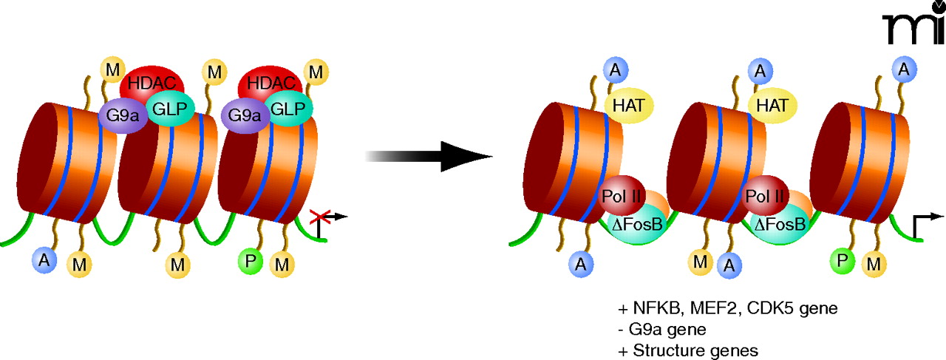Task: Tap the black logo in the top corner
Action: tap(913, 29)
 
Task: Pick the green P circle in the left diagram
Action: tap(251, 260)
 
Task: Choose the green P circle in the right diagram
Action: tap(840, 259)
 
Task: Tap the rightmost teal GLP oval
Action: tap(288, 107)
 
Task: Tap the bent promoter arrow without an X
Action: tap(924, 223)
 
